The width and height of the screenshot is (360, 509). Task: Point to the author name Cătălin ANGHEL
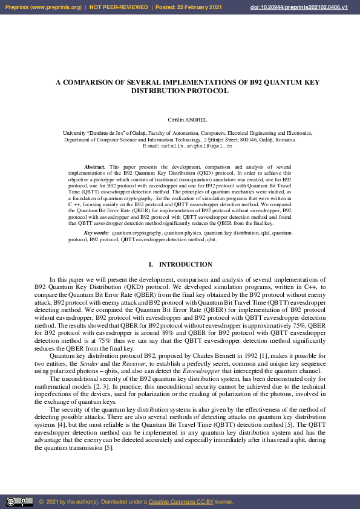(180, 120)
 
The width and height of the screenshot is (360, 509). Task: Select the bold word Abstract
(94, 166)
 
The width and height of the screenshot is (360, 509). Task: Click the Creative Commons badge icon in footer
(19, 502)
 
